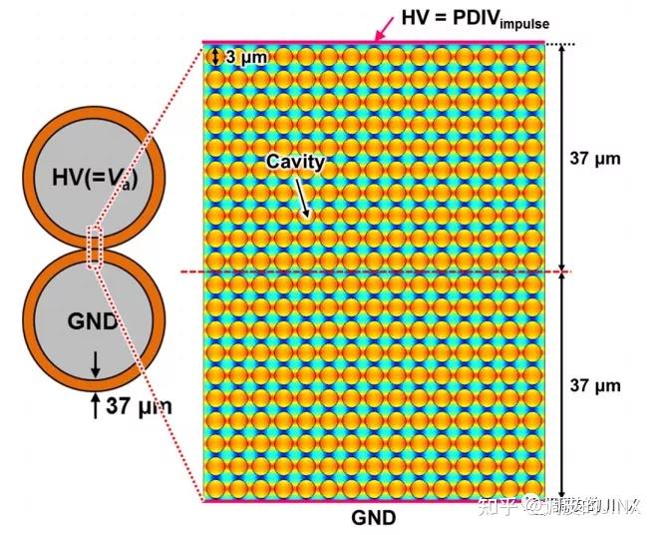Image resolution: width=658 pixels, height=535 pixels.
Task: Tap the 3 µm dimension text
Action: click(245, 57)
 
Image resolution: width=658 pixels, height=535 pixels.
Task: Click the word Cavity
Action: click(294, 160)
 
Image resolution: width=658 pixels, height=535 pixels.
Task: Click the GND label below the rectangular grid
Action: click(374, 517)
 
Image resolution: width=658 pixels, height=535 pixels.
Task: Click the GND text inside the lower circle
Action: click(95, 320)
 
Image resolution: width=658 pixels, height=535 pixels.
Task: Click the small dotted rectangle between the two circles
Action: click(96, 248)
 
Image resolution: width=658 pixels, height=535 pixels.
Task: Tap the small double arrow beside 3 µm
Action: click(214, 57)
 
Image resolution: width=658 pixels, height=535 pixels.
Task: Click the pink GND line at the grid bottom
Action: click(374, 500)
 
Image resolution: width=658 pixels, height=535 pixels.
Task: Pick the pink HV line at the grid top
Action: click(374, 43)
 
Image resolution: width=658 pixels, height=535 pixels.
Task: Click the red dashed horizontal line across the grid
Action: click(374, 271)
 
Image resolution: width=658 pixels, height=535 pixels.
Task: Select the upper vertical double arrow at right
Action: click(563, 158)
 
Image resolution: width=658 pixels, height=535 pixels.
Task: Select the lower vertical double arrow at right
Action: click(563, 385)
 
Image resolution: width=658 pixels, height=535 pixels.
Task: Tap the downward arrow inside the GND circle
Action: click(96, 366)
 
